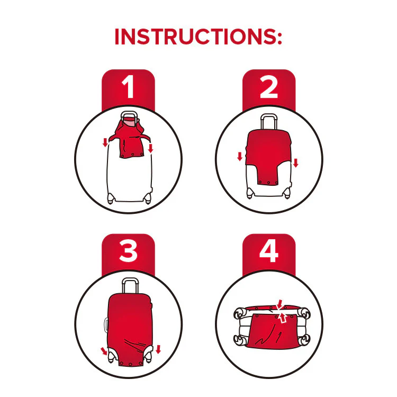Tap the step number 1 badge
coord(128,88)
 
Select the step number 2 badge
coord(269,88)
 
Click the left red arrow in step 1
coord(105,142)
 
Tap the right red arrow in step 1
coord(151,148)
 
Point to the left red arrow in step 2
coord(240,156)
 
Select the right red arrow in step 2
coord(296,163)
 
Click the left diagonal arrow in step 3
coord(104,351)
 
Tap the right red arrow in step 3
coord(158,349)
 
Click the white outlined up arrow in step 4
coord(283,318)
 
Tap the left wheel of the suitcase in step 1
coord(111,198)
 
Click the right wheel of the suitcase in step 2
coord(286,194)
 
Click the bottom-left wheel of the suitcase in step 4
coord(239,340)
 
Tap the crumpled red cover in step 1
coord(129,138)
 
